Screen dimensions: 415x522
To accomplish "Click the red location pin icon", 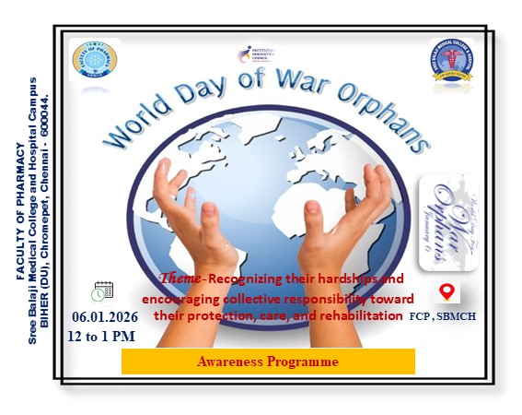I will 447,291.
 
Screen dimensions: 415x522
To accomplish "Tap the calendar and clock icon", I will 103,291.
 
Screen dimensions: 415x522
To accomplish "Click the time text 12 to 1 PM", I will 103,335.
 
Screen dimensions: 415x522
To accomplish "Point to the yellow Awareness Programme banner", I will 268,362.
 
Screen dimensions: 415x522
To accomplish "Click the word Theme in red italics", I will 180,278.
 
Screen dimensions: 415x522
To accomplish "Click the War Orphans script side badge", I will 447,222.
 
